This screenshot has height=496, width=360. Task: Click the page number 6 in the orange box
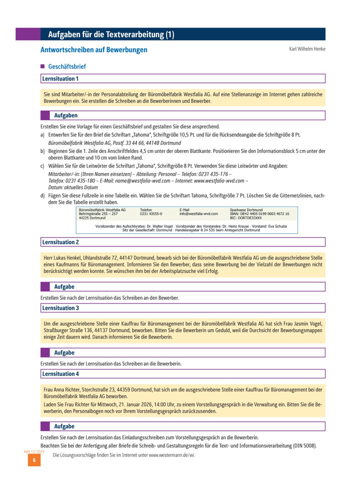tap(34, 460)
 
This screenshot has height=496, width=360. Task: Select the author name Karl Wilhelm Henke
tap(307, 49)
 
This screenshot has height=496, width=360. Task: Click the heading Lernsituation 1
tap(60, 78)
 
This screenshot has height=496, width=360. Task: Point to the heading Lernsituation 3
tap(60, 308)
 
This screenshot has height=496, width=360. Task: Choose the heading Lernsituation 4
tap(60, 373)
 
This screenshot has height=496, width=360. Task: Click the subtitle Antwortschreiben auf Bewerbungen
tap(93, 50)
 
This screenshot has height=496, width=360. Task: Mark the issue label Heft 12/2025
tap(34, 451)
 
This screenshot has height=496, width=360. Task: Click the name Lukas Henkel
tap(66, 257)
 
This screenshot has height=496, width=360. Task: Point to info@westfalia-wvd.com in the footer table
tap(198, 214)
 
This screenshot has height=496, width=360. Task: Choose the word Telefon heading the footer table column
tap(146, 210)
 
